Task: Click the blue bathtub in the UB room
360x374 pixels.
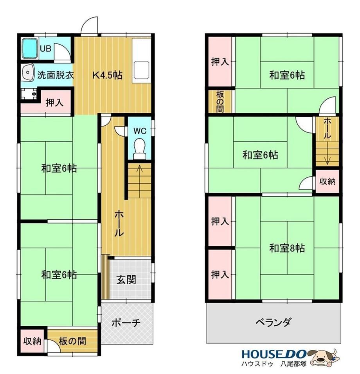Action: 30,49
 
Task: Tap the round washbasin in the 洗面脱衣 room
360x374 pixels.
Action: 28,72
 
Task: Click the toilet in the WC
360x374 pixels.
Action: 139,148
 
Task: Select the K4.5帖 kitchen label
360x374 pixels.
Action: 108,75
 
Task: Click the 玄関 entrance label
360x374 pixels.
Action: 126,280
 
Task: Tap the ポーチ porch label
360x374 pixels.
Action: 126,323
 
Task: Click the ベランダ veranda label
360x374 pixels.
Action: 273,322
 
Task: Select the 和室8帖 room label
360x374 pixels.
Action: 287,248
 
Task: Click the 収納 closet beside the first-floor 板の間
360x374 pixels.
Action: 32,341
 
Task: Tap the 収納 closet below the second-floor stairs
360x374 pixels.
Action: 328,181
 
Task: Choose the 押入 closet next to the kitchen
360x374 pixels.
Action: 54,103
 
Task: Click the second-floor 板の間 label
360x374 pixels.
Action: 220,101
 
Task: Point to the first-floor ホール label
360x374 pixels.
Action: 119,224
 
